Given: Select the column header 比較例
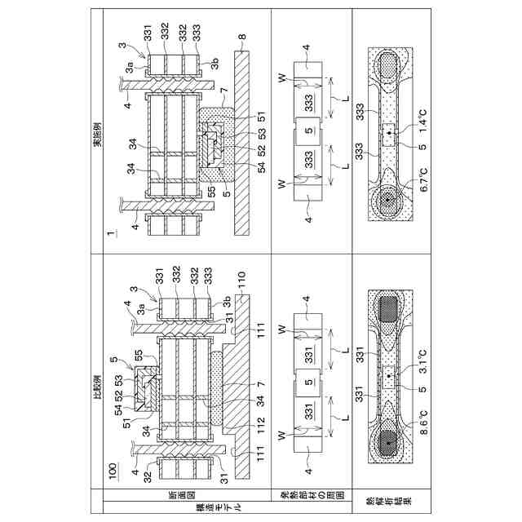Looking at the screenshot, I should pos(100,376).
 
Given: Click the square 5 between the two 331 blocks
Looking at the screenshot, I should pos(306,383).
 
